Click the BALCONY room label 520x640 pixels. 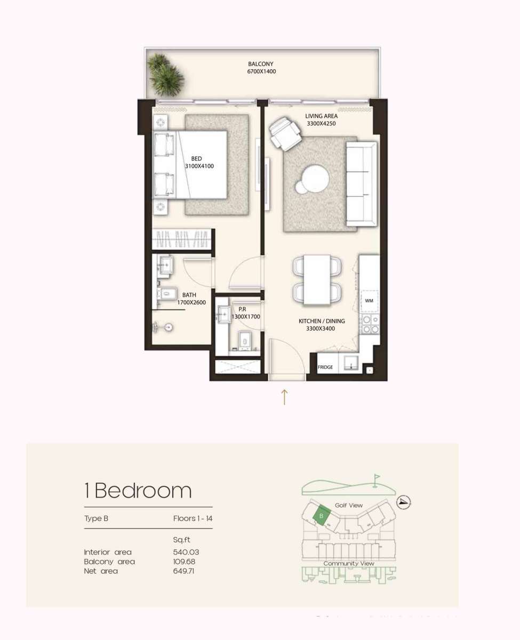click(x=261, y=64)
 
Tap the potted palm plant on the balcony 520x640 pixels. click(x=166, y=75)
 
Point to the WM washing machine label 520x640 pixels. click(x=369, y=301)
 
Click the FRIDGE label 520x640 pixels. click(x=325, y=367)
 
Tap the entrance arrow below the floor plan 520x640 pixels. click(x=284, y=397)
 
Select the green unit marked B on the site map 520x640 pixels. click(x=321, y=516)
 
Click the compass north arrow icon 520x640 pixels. click(x=404, y=502)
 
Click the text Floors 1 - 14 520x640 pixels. click(x=193, y=518)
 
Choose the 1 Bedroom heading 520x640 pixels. click(x=138, y=490)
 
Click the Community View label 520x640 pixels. click(x=349, y=563)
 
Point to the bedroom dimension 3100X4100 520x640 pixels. click(x=199, y=166)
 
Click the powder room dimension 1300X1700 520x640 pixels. click(x=245, y=317)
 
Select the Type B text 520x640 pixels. click(x=97, y=518)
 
